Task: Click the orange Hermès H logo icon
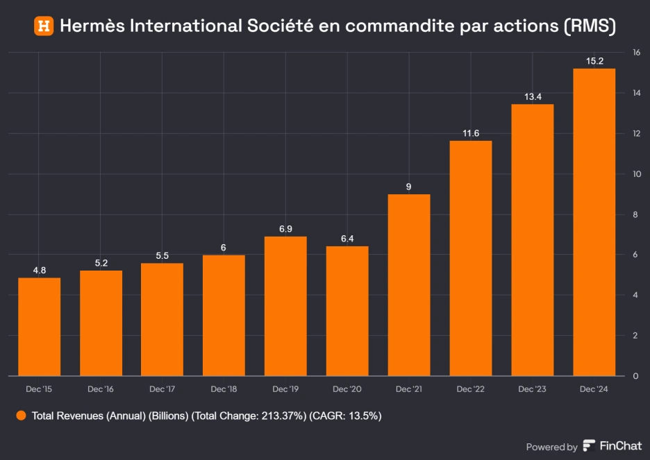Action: click(44, 26)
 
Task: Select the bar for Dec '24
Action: click(594, 222)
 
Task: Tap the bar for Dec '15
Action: click(39, 327)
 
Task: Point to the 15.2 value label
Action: click(594, 61)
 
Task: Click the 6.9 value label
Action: click(285, 229)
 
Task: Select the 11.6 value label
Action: click(471, 133)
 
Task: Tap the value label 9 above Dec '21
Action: click(409, 187)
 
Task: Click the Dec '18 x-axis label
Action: click(224, 389)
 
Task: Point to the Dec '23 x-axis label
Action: click(533, 389)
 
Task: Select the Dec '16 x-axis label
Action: click(101, 389)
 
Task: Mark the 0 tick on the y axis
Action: click(635, 376)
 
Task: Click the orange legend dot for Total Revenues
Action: click(21, 416)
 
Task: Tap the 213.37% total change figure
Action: click(282, 416)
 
